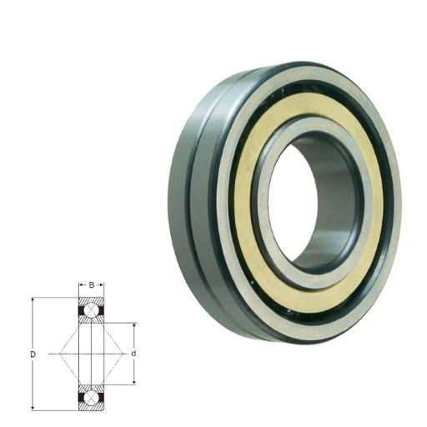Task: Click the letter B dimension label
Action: [x=92, y=285]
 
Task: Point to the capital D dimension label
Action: [x=33, y=354]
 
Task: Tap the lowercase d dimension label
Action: [x=133, y=354]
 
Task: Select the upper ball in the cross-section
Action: [x=91, y=310]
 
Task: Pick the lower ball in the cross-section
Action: [x=91, y=398]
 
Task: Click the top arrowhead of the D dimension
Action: [x=33, y=300]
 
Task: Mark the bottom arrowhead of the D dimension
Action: [x=33, y=408]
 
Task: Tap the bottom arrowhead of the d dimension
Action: [x=134, y=382]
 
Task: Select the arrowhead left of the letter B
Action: [x=82, y=285]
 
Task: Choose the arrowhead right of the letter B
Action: [x=101, y=285]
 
